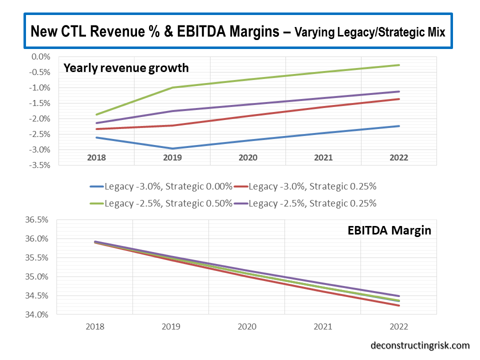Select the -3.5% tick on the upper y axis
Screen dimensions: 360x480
tap(40, 165)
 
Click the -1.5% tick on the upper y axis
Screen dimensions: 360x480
tap(40, 103)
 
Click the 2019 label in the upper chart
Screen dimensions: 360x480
tap(172, 157)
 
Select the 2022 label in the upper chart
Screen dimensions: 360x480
tap(398, 157)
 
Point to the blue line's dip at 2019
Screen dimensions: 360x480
tap(173, 148)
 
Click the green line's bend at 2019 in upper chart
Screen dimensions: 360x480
tap(173, 87)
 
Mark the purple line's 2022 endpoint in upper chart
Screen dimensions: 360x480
tap(399, 91)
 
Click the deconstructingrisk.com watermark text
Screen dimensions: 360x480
tap(420, 345)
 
